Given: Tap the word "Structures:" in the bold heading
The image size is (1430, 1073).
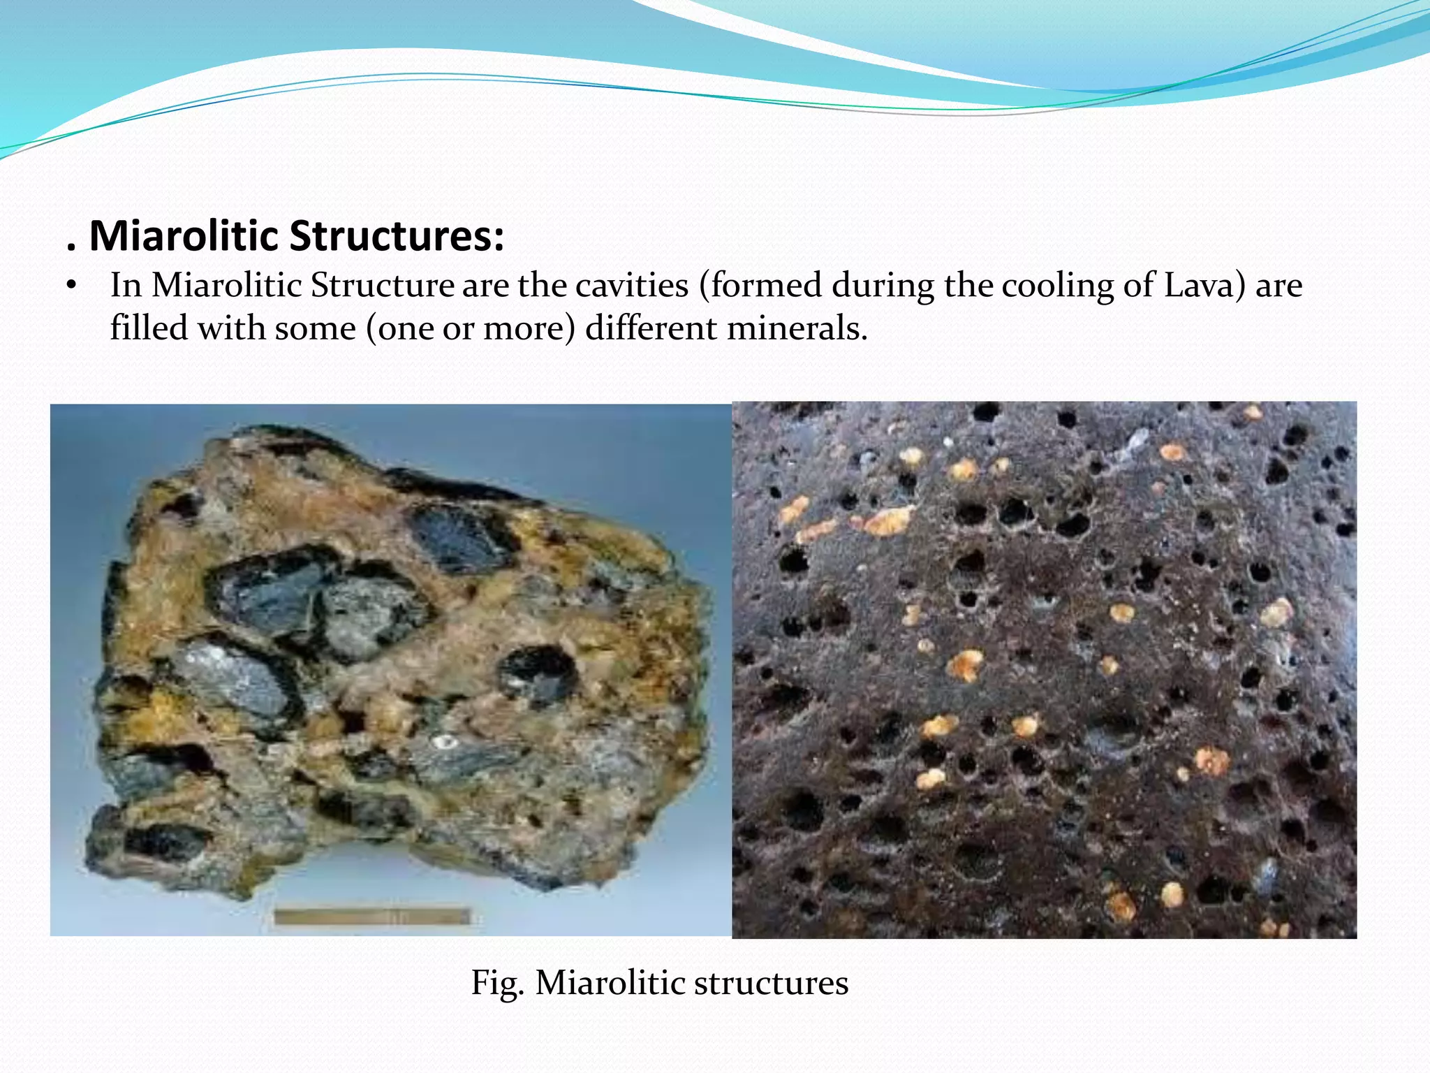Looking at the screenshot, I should pyautogui.click(x=396, y=236).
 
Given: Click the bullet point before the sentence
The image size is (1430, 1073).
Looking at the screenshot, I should pyautogui.click(x=70, y=286).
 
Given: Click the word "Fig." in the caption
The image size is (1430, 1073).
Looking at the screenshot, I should pyautogui.click(x=497, y=983).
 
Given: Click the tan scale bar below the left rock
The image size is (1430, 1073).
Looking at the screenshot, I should pyautogui.click(x=372, y=915).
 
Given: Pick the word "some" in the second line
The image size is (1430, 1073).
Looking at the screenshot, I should pyautogui.click(x=315, y=328).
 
